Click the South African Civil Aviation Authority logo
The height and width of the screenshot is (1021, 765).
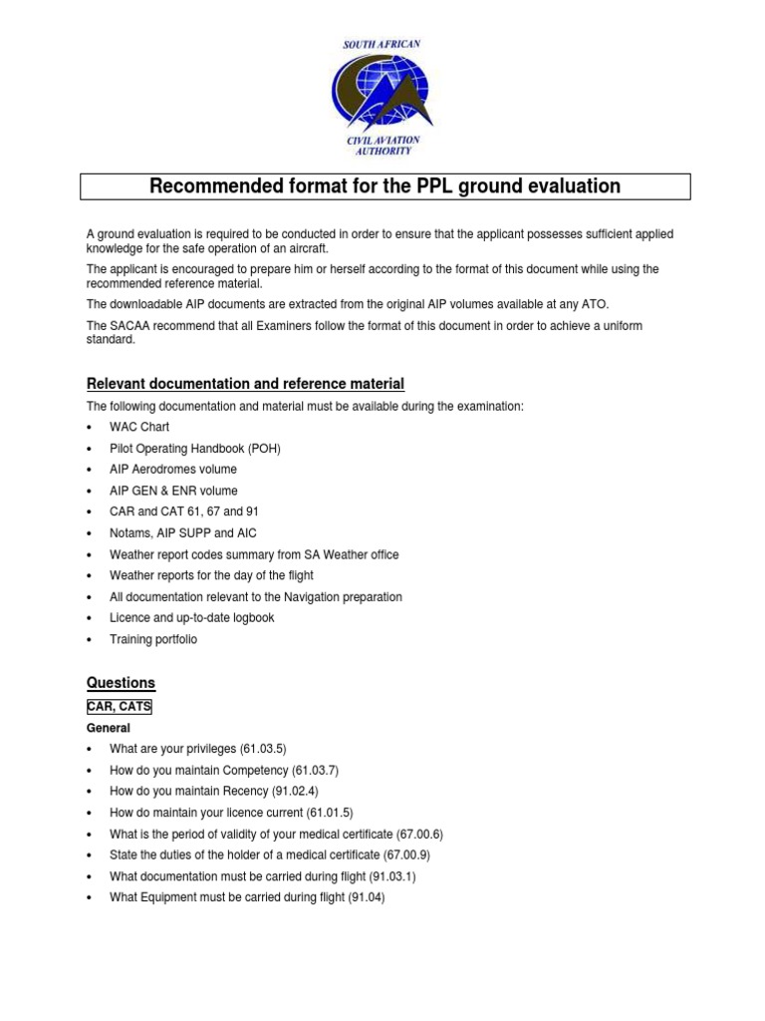pyautogui.click(x=382, y=97)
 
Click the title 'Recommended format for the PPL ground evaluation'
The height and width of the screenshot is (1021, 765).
pyautogui.click(x=384, y=186)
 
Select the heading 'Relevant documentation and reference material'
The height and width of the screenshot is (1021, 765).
pyautogui.click(x=245, y=384)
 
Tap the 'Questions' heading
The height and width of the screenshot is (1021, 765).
pyautogui.click(x=121, y=683)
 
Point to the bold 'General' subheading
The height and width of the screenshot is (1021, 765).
pyautogui.click(x=108, y=728)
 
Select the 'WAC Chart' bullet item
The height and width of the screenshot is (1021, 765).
pyautogui.click(x=139, y=427)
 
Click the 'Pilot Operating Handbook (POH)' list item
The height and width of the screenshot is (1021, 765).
pyautogui.click(x=195, y=449)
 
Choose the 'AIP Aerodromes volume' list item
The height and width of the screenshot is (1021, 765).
pyautogui.click(x=173, y=470)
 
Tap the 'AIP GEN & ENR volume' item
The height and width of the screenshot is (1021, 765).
pyautogui.click(x=173, y=491)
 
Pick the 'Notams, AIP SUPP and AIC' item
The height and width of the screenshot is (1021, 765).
pyautogui.click(x=182, y=533)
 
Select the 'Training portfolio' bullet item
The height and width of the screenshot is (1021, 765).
pyautogui.click(x=153, y=639)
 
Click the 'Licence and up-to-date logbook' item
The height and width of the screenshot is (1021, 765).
pyautogui.click(x=191, y=618)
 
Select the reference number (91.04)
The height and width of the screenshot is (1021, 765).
pyautogui.click(x=366, y=897)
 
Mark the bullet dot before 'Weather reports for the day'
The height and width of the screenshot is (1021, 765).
pyautogui.click(x=90, y=576)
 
